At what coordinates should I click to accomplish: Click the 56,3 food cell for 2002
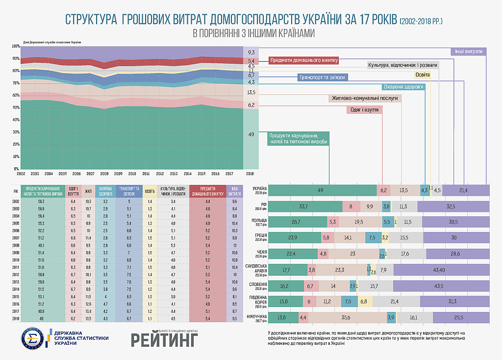(41, 202)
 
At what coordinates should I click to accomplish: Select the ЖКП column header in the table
(88, 191)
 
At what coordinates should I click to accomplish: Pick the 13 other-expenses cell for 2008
(234, 245)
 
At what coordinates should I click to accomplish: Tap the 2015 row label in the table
(16, 296)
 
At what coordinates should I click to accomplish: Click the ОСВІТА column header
(150, 191)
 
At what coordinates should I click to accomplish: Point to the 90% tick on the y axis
(16, 59)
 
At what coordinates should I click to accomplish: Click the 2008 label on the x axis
(104, 174)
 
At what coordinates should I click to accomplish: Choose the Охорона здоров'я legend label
(403, 87)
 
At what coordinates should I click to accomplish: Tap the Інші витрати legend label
(468, 51)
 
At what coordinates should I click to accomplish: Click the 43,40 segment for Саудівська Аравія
(442, 270)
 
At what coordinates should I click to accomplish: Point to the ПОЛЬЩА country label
(259, 221)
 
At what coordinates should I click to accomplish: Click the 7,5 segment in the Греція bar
(372, 238)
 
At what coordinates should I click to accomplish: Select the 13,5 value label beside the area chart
(251, 92)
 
